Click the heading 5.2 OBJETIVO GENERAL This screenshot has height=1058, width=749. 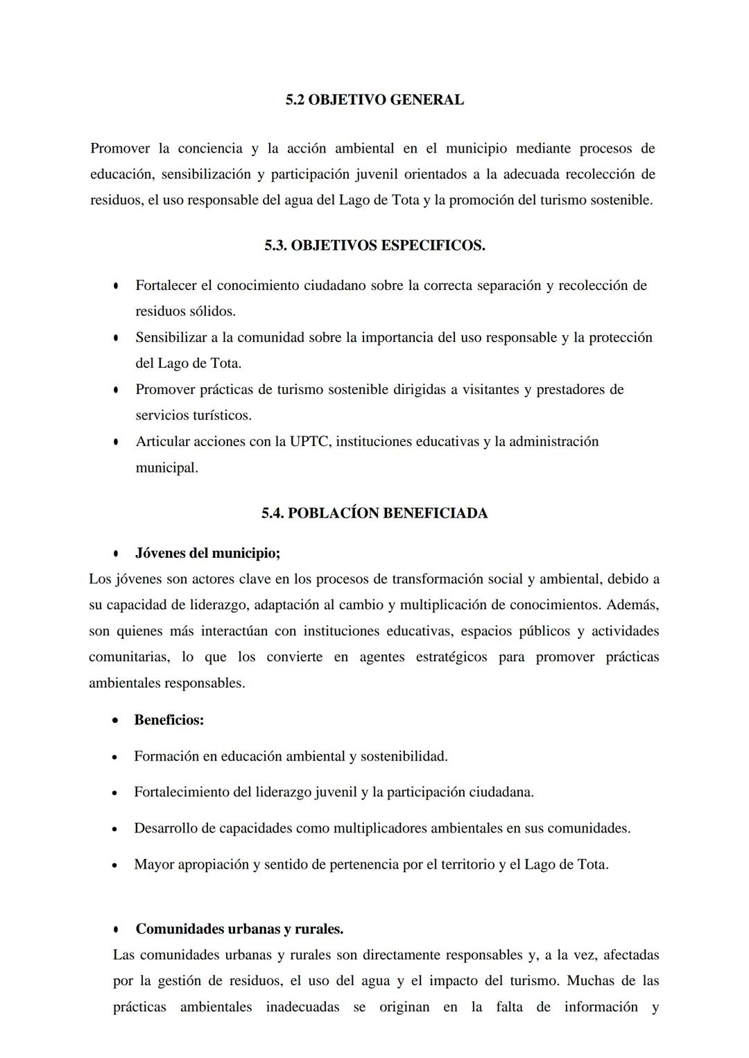click(374, 100)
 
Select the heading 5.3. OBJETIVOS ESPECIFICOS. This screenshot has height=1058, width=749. click(374, 246)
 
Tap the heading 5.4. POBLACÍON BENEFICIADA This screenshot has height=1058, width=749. click(374, 513)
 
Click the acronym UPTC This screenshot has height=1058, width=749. click(311, 442)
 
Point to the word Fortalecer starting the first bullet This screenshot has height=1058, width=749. click(166, 286)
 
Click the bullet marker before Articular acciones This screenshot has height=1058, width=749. click(116, 442)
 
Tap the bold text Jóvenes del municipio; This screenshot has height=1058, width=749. click(207, 554)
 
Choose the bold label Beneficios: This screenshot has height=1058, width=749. click(169, 720)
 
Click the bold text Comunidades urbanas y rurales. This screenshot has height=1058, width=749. click(239, 929)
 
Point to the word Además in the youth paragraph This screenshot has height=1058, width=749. click(632, 605)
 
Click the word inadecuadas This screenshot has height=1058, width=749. click(302, 1007)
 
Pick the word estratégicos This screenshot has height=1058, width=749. click(451, 657)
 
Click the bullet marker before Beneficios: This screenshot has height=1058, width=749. click(115, 721)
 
